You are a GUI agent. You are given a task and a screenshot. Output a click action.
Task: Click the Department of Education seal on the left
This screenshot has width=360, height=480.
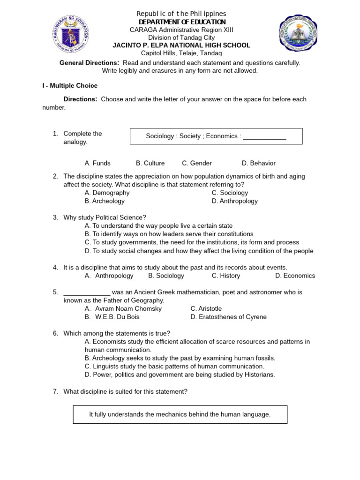click(x=71, y=34)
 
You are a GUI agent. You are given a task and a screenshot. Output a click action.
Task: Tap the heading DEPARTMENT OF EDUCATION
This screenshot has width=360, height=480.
click(x=182, y=22)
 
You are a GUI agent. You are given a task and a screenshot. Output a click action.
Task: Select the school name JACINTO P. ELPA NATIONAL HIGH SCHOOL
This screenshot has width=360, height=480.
click(x=181, y=45)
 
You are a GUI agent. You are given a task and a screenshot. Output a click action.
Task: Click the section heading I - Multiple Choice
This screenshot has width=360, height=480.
click(x=70, y=86)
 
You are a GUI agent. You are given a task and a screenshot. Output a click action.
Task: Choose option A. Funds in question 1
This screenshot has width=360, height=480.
click(x=97, y=163)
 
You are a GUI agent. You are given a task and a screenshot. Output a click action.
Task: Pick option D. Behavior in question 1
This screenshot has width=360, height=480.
click(x=258, y=163)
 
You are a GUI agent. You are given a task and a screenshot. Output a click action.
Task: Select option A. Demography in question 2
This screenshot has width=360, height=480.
click(x=107, y=193)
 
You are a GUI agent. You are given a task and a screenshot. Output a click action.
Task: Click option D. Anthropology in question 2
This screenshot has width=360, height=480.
click(x=234, y=201)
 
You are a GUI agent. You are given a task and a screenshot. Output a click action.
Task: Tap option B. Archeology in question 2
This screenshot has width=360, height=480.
click(x=105, y=201)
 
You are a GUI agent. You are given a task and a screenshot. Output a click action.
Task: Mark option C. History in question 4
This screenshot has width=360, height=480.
click(x=225, y=276)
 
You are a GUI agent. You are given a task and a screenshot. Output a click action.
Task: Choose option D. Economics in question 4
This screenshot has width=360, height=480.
click(x=295, y=276)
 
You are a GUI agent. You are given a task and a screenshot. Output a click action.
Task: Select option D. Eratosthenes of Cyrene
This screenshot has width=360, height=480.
click(x=228, y=317)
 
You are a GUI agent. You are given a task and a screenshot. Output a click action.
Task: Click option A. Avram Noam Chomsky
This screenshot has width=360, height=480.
click(x=123, y=308)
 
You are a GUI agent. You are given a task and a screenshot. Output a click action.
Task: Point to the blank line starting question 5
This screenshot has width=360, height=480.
click(x=87, y=292)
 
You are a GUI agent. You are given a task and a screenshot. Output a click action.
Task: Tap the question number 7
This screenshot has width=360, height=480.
click(x=55, y=391)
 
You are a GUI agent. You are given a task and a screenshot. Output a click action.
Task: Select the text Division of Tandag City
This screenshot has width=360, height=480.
click(x=181, y=37)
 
